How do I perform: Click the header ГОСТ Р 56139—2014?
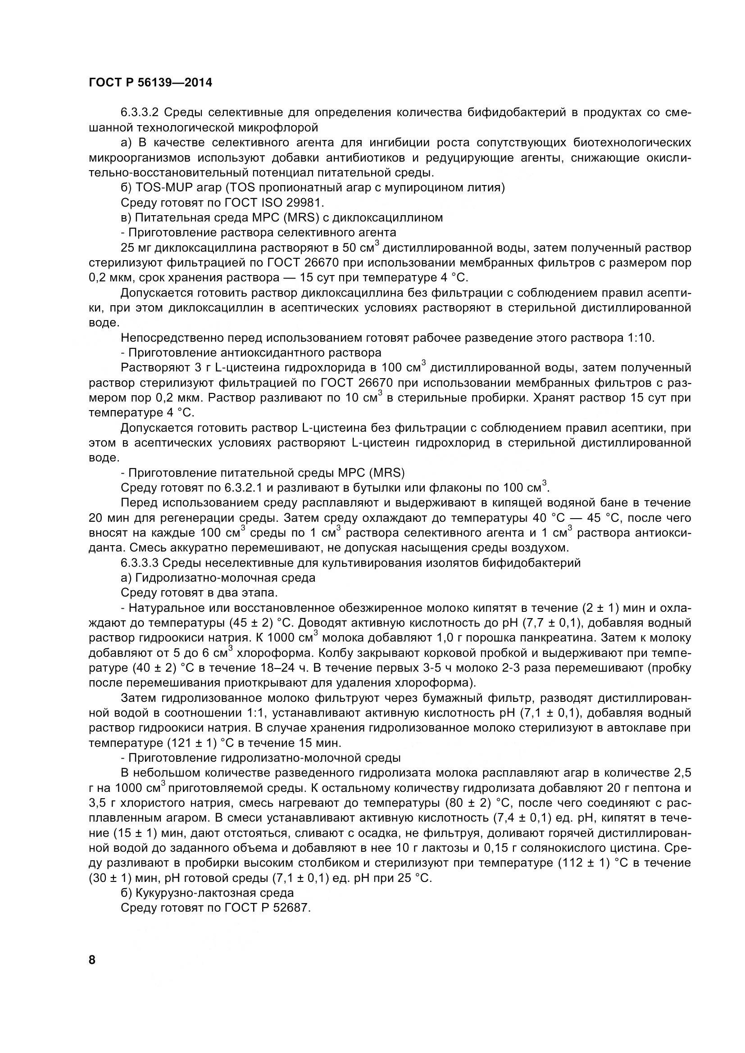(x=150, y=83)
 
